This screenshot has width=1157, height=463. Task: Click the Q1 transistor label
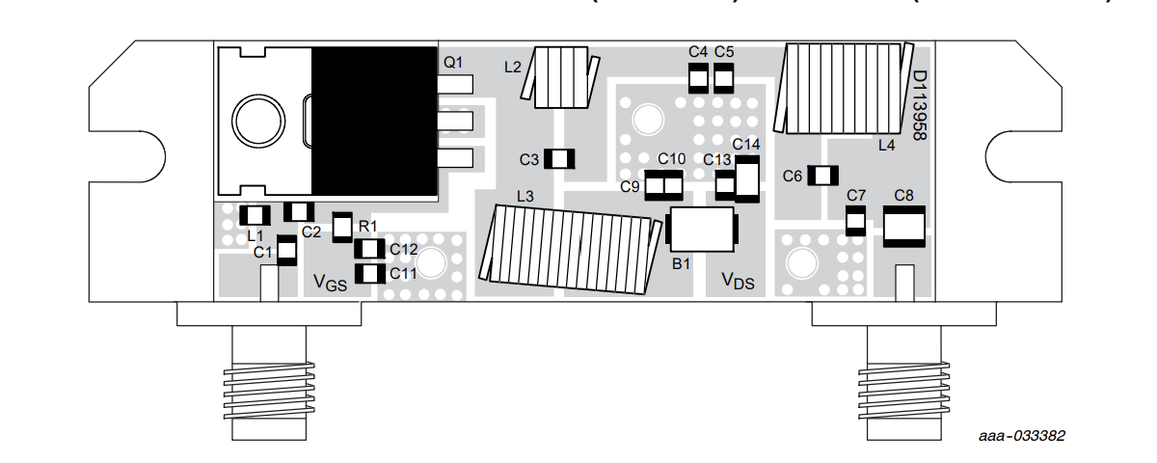tap(453, 62)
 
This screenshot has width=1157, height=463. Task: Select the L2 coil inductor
tap(560, 76)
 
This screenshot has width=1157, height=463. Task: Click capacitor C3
tap(560, 158)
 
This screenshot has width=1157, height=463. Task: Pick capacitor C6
tap(823, 175)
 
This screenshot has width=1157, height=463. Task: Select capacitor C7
tap(855, 223)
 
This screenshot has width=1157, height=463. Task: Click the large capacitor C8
tap(904, 228)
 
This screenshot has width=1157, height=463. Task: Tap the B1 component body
tap(701, 230)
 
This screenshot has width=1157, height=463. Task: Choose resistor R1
tap(342, 228)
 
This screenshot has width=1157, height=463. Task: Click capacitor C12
tap(370, 250)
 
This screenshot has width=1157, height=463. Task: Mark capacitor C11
tap(370, 274)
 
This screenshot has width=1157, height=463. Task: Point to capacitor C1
tap(285, 249)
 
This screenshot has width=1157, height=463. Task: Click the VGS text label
tap(330, 283)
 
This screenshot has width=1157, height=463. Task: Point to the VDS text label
tap(739, 280)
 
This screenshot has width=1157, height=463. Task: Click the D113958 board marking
tap(919, 106)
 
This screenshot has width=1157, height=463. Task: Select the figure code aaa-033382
tap(1022, 436)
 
